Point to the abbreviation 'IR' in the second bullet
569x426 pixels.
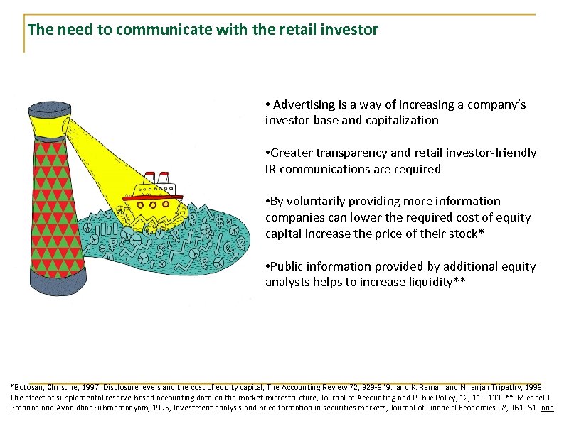(272, 169)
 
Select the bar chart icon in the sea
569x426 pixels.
(108, 229)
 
